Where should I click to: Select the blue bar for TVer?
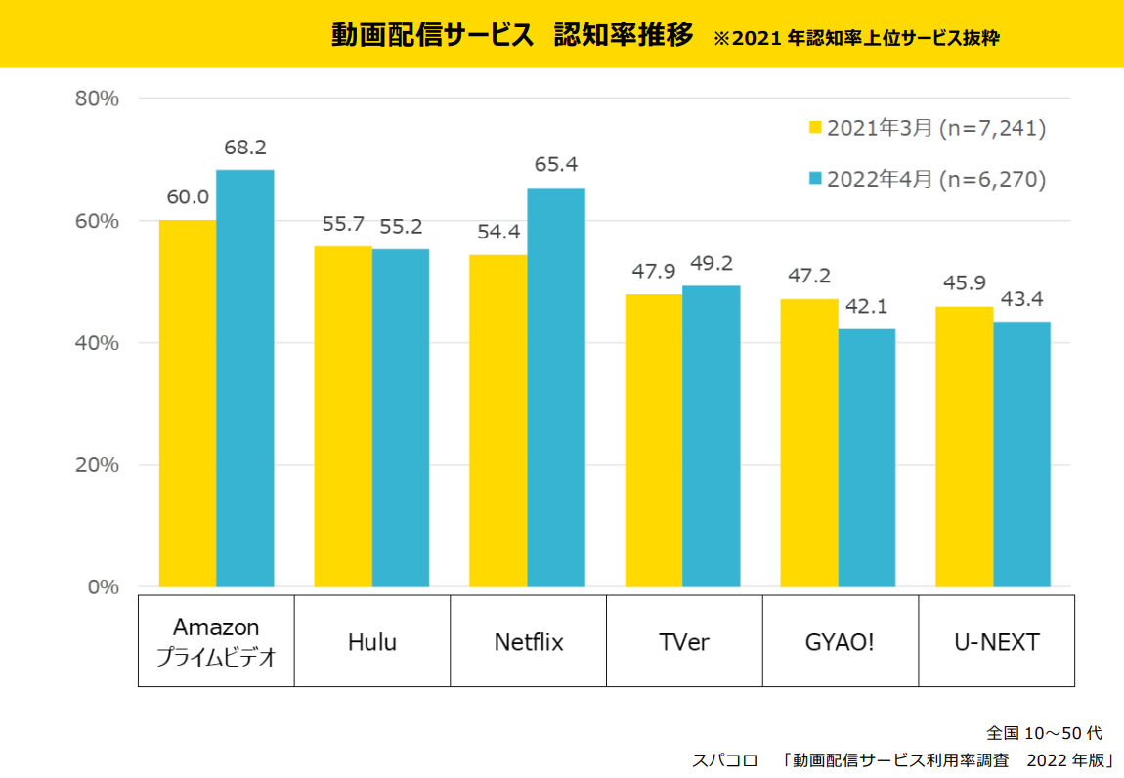[712, 436]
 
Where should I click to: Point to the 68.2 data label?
[245, 148]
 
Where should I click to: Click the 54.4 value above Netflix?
[497, 233]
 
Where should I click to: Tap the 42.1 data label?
[866, 307]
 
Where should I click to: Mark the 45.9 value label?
[965, 284]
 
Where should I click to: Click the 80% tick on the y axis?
[97, 99]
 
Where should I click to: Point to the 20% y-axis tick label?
[97, 465]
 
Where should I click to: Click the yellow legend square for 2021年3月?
[816, 128]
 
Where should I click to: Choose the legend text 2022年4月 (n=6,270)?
[936, 179]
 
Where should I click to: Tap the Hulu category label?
[372, 642]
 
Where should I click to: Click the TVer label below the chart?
[684, 642]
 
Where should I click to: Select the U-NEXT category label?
[996, 642]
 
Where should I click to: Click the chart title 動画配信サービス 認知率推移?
[512, 36]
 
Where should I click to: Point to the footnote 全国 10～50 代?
[1045, 733]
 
